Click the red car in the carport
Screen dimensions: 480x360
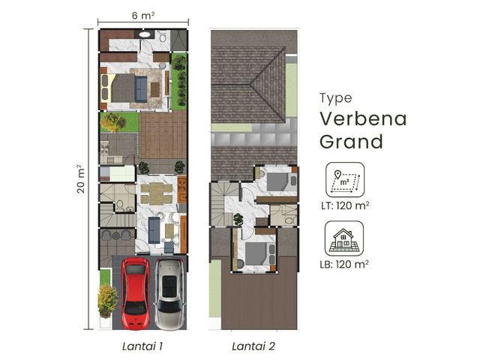tap(136, 293)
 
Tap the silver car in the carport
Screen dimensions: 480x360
tap(169, 294)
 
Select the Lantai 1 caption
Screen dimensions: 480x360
tap(142, 346)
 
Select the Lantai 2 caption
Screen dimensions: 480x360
tap(253, 346)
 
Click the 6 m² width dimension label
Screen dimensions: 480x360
tap(143, 15)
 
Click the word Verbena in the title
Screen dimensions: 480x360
tap(363, 118)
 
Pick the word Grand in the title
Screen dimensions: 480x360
tap(352, 142)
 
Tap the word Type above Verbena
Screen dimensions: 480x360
tap(336, 98)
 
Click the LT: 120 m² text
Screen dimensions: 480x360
tap(345, 205)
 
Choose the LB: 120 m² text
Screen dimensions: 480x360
tap(344, 264)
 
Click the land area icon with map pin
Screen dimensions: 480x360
tap(345, 180)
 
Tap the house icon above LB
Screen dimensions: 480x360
tap(344, 238)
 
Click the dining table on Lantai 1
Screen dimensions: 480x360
tap(157, 193)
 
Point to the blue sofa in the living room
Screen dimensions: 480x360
tap(154, 230)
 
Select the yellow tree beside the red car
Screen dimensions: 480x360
tap(107, 301)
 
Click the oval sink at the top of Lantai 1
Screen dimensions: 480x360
tap(145, 34)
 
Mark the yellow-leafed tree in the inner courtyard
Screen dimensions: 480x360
tap(113, 122)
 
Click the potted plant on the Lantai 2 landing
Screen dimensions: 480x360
tap(238, 220)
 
